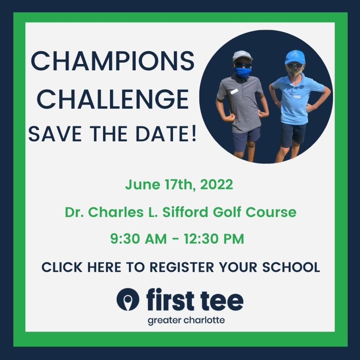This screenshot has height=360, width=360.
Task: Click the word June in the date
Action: click(143, 184)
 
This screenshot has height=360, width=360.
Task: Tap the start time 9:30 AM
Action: click(139, 239)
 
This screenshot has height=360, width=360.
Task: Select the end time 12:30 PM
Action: click(213, 239)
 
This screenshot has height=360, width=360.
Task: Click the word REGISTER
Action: click(182, 267)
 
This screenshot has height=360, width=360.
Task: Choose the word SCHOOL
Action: click(291, 267)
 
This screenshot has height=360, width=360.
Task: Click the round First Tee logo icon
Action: click(128, 300)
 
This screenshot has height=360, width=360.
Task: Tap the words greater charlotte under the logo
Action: click(186, 321)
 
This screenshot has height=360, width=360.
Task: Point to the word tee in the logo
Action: click(222, 300)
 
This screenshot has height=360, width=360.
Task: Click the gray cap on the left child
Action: click(242, 56)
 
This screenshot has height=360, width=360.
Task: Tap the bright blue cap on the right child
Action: click(295, 57)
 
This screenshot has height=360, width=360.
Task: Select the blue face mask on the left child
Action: click(243, 72)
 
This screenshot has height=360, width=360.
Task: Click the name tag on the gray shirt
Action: click(234, 91)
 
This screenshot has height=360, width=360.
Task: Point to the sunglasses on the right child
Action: click(295, 66)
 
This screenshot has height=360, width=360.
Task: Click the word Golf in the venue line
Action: click(227, 212)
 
